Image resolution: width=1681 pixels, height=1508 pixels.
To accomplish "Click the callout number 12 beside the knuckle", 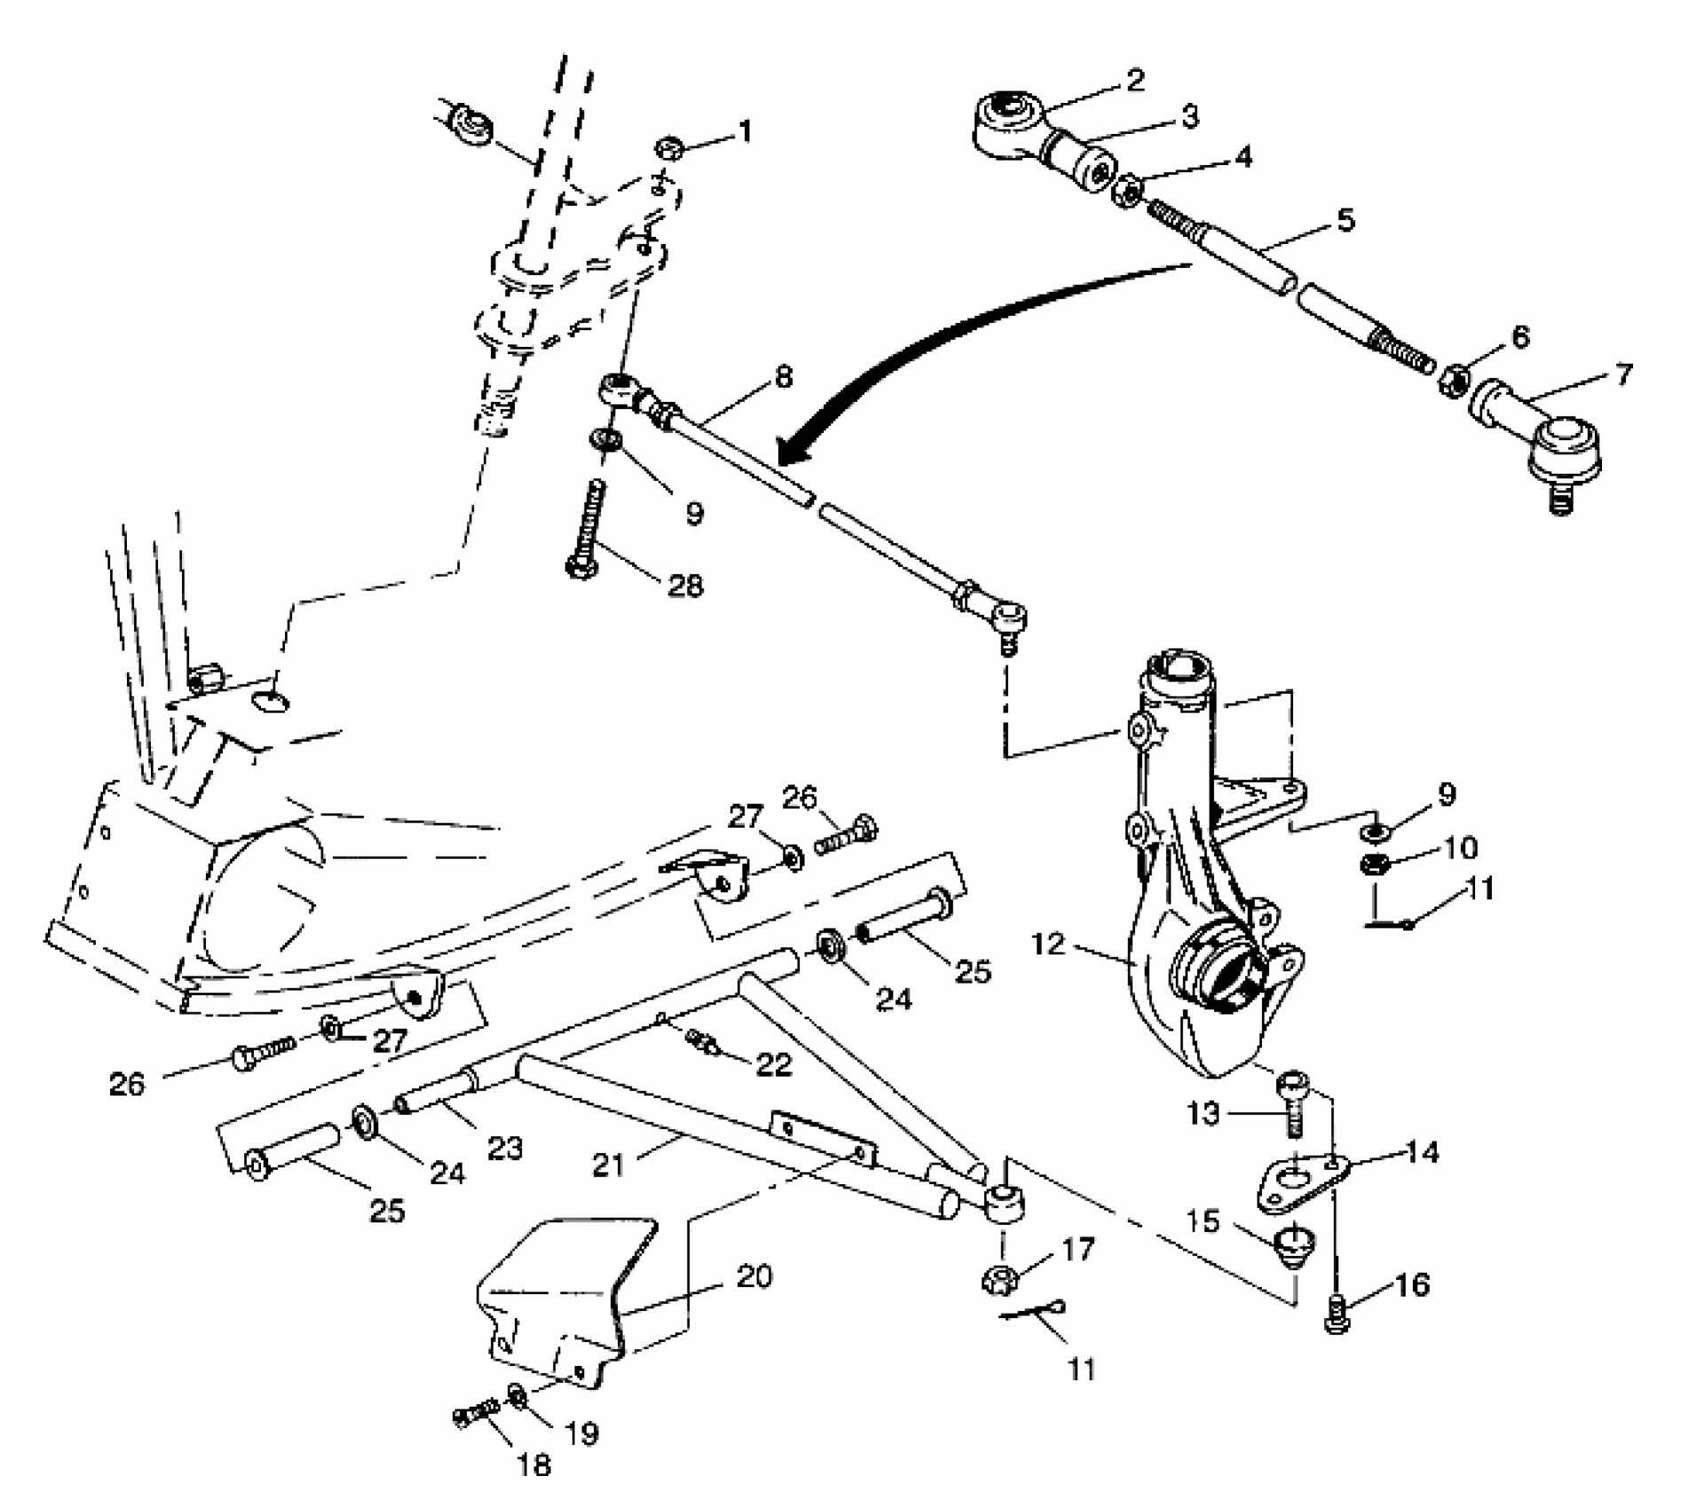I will [x=1048, y=944].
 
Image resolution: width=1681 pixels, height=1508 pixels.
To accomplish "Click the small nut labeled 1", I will [x=669, y=147].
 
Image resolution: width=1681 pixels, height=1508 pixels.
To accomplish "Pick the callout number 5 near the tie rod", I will [x=1346, y=220].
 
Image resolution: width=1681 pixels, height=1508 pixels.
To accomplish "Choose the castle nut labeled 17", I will [x=999, y=1278].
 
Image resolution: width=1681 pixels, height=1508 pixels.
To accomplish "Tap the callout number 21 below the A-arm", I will [x=610, y=1165].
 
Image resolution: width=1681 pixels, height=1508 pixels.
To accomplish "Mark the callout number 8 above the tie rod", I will [x=782, y=376].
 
